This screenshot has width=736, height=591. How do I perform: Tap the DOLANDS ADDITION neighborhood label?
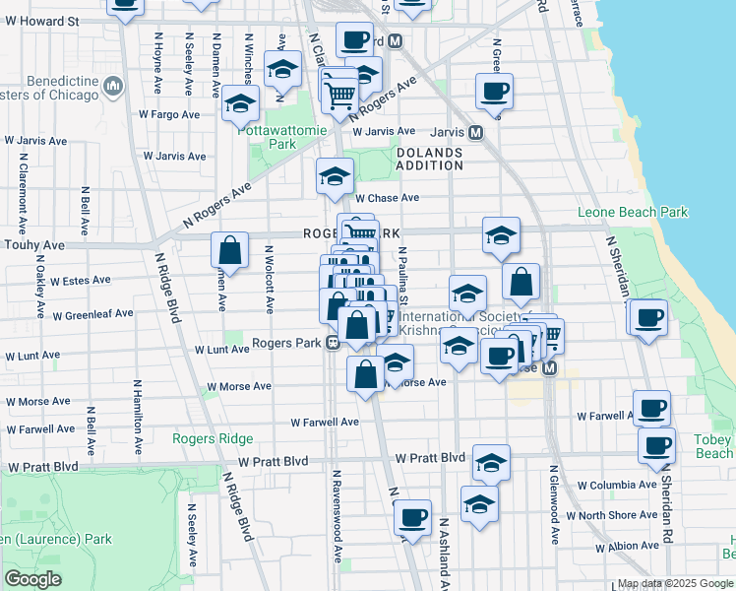(430, 159)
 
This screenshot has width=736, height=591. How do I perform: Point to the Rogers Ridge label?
(213, 438)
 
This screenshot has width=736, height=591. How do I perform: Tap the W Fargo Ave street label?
(169, 114)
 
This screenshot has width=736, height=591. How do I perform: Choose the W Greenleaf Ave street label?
(93, 315)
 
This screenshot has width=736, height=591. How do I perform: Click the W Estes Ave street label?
(80, 281)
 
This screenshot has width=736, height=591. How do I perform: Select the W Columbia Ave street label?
(616, 486)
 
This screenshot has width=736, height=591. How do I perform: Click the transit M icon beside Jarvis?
(475, 132)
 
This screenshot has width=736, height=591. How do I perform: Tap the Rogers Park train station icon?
(334, 343)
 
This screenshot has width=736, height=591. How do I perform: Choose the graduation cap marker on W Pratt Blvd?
(491, 461)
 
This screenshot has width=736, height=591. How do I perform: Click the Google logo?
(34, 579)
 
